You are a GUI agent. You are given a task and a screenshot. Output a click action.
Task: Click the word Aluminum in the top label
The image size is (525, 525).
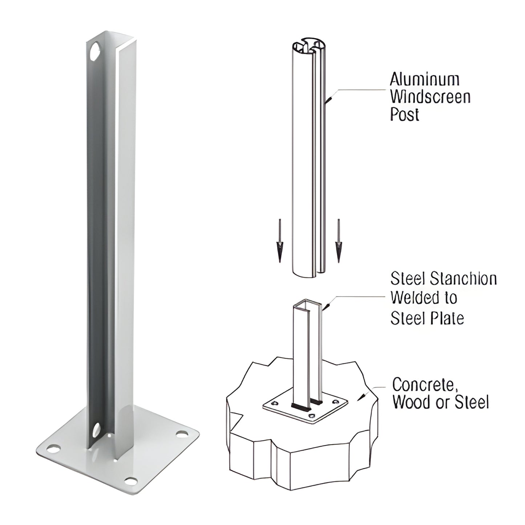tap(424, 79)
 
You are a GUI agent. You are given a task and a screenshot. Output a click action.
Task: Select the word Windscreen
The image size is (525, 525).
tap(430, 97)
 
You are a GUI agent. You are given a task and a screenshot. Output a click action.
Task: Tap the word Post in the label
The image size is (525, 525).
tap(404, 114)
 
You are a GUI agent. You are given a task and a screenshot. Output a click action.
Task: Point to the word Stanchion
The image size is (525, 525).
tap(463, 279)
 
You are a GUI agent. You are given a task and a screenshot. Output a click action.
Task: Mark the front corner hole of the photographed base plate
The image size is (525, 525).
tap(130, 481)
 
